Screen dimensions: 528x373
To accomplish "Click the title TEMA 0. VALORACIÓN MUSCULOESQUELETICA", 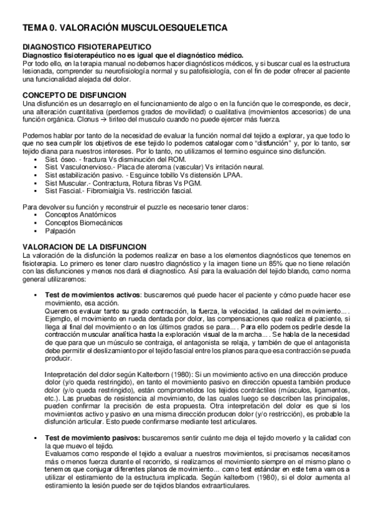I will coord(125,28).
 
